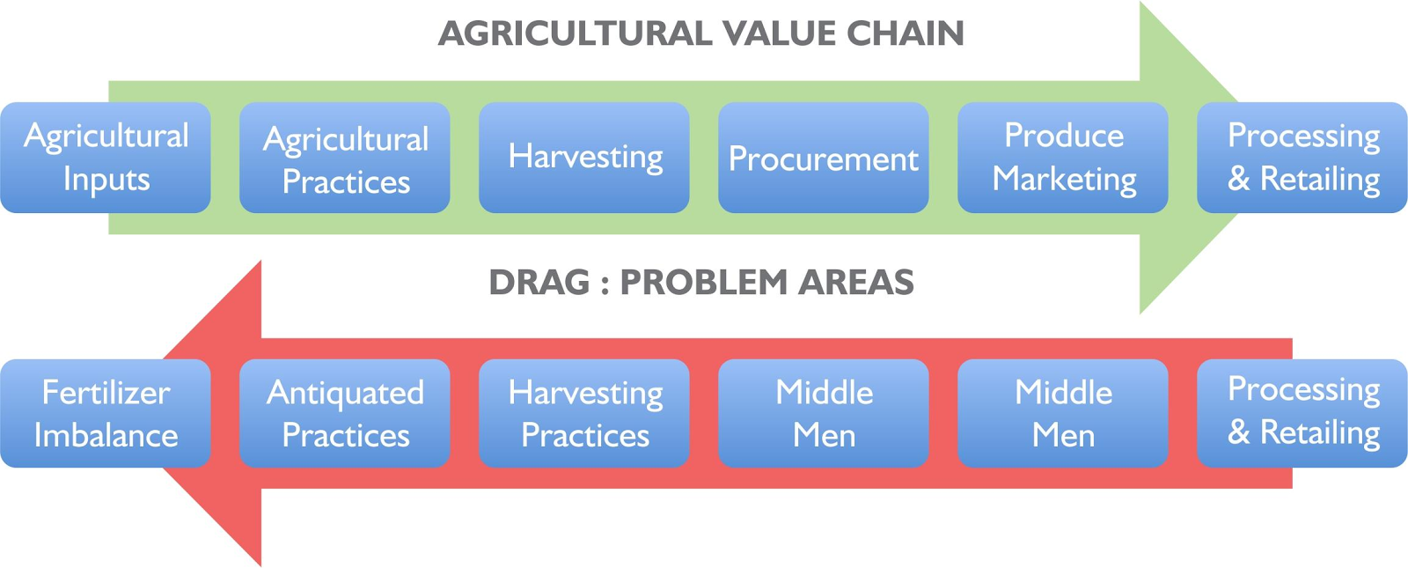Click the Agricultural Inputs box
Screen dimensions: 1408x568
click(x=106, y=158)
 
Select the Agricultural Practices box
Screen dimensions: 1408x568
click(x=344, y=158)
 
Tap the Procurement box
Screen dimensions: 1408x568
click(x=824, y=158)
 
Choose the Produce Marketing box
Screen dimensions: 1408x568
click(x=1063, y=158)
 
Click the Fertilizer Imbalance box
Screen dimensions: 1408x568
click(x=106, y=413)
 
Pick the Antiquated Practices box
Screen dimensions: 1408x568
click(x=344, y=413)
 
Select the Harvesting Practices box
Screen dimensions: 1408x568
click(x=584, y=413)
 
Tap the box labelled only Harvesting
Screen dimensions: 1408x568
click(x=584, y=158)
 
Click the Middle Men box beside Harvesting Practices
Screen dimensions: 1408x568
click(x=824, y=413)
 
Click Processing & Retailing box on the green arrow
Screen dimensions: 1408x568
click(x=1302, y=158)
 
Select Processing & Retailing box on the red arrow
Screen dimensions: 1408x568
click(x=1302, y=413)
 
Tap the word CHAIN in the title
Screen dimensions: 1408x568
click(x=906, y=33)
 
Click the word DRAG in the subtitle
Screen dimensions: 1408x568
click(x=539, y=282)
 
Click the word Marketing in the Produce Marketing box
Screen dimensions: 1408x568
click(x=1064, y=180)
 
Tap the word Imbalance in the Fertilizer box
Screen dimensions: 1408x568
click(x=106, y=435)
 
